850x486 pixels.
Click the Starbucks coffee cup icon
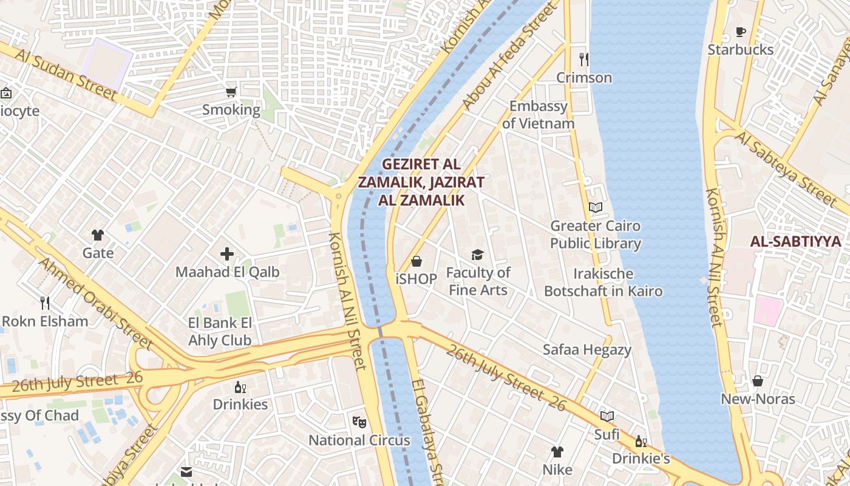coord(740,32)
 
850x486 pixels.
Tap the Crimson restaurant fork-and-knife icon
coord(584,59)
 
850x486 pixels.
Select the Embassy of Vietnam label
coord(538,115)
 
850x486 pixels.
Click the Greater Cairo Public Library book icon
coord(596,208)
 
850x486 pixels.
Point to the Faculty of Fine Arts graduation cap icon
coord(478,255)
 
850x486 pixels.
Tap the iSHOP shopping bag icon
coord(416,261)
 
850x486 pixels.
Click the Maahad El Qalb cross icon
coord(227,254)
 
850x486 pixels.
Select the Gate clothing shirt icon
coord(98,235)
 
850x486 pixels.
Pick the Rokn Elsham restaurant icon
coord(44,303)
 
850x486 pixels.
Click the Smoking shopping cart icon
coord(231,92)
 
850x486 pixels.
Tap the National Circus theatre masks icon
coord(359,421)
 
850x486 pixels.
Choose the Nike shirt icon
coord(557,451)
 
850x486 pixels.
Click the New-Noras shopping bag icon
coord(757,381)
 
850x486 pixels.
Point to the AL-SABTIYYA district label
coord(795,242)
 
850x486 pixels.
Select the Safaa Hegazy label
coord(586,350)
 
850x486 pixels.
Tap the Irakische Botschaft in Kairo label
coord(603,282)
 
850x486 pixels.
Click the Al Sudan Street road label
coord(66,75)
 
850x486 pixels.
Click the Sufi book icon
coord(607,416)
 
